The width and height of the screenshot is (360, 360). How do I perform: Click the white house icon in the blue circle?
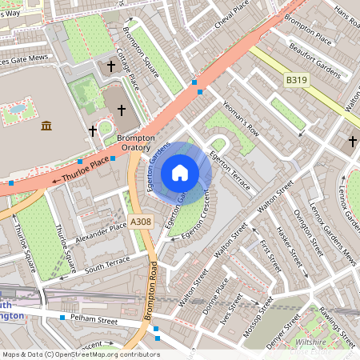pos(180,172)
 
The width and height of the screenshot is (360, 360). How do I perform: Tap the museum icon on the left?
pos(46,126)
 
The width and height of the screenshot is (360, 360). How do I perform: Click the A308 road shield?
pos(141,221)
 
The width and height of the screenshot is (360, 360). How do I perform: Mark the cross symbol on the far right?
pos(352,142)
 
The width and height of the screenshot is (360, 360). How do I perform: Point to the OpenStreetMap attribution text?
pos(81,354)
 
